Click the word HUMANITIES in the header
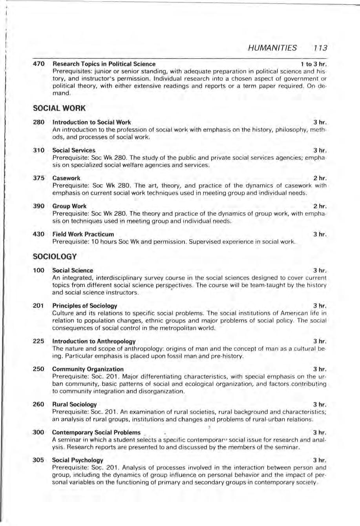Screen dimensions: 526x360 (x=273, y=48)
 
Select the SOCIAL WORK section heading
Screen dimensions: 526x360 (x=59, y=108)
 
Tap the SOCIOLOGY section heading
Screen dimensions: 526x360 (x=54, y=257)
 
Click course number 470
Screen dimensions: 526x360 (x=39, y=64)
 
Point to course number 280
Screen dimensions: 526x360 (x=38, y=122)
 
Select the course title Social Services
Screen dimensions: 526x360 (x=74, y=150)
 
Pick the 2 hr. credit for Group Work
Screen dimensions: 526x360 (x=320, y=206)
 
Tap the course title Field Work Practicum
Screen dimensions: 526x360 (x=83, y=234)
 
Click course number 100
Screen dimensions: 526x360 (x=38, y=270)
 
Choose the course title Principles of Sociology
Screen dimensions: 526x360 (x=85, y=306)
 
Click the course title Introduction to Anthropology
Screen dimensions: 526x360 (x=94, y=341)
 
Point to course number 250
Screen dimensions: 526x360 (x=38, y=369)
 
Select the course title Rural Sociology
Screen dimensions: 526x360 (x=75, y=404)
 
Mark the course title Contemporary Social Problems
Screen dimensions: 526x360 (x=96, y=432)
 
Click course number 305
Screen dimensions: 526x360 (x=38, y=460)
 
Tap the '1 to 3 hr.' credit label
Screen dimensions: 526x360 (x=313, y=64)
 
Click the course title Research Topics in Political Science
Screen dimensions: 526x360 (x=104, y=64)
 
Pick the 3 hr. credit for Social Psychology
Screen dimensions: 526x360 (x=320, y=460)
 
